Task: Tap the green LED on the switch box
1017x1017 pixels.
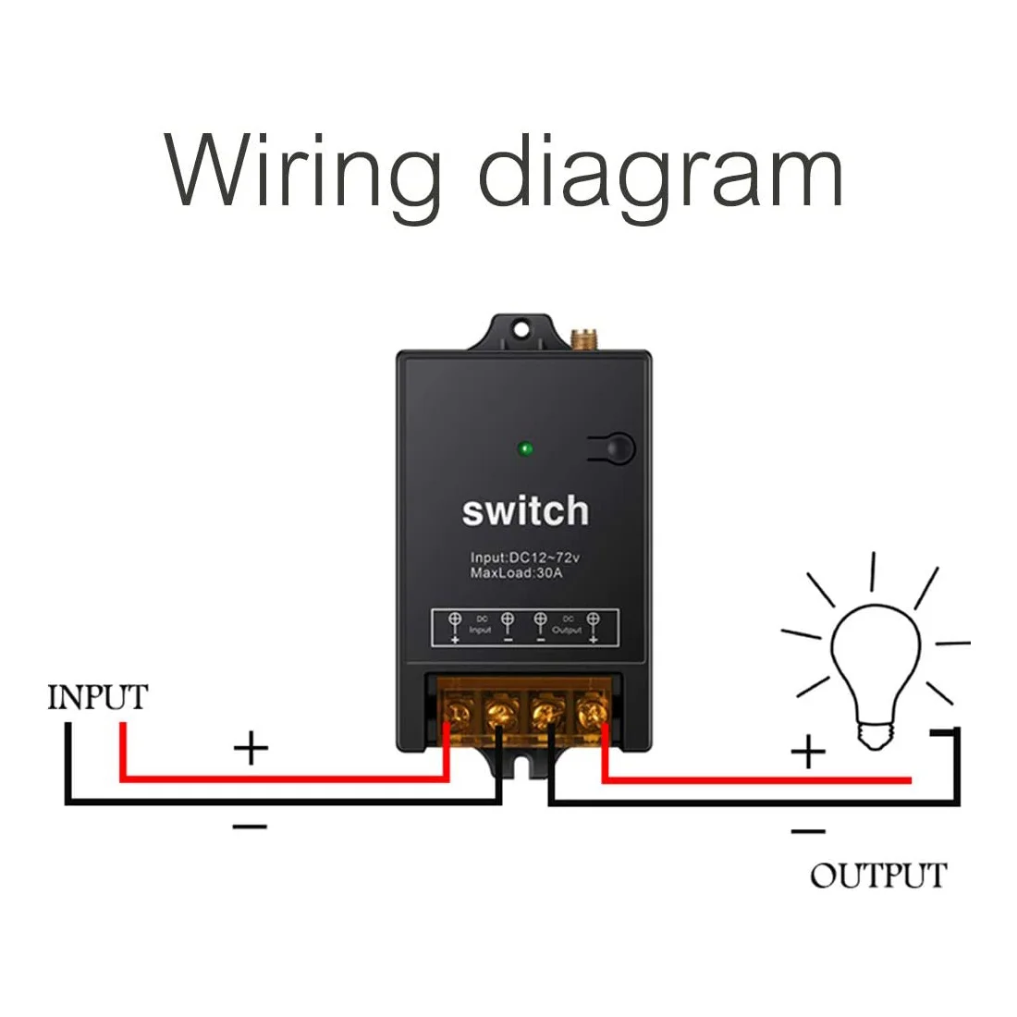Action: (525, 449)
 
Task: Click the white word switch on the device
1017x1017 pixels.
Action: (524, 510)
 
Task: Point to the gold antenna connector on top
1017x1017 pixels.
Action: (583, 340)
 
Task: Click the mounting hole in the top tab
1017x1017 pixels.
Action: (522, 328)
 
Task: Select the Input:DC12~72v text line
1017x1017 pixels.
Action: (523, 558)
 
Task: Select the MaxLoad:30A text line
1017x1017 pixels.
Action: (515, 573)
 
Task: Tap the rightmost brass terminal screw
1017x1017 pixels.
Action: (589, 712)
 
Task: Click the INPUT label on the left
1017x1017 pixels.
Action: (97, 697)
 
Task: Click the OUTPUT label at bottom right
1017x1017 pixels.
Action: (878, 876)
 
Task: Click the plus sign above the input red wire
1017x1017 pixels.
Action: (251, 747)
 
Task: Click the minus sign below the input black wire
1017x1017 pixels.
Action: (250, 826)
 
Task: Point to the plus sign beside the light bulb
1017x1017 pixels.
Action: (807, 752)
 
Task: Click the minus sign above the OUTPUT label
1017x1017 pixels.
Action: (807, 831)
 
